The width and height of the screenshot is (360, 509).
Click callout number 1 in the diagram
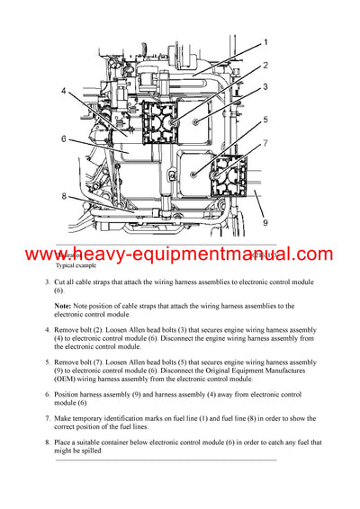[x=265, y=42]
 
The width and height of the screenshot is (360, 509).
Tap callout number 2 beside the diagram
[x=265, y=65]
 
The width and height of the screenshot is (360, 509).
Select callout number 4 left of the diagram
[x=64, y=91]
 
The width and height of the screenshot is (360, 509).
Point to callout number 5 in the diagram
[x=265, y=120]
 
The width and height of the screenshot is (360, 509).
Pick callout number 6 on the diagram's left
[x=64, y=138]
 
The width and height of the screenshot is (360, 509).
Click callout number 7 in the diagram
[x=265, y=143]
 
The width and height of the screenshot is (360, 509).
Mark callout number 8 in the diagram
[x=64, y=197]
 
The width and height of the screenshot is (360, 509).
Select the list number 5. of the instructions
[x=48, y=362]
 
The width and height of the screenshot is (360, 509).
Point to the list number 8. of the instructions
[x=48, y=442]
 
